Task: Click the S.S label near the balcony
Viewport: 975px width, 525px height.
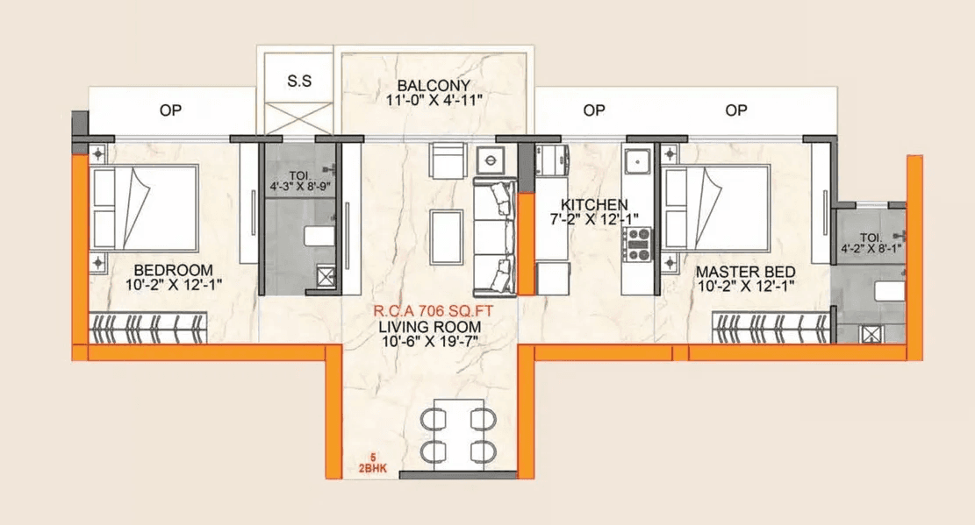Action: click(x=298, y=81)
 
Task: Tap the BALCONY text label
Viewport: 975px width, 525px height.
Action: click(x=434, y=86)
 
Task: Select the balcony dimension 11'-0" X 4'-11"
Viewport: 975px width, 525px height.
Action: click(x=434, y=101)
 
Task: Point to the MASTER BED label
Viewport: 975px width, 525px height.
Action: click(x=739, y=271)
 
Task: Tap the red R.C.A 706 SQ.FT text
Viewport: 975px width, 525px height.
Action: click(x=432, y=311)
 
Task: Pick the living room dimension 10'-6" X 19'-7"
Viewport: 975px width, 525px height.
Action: click(x=432, y=343)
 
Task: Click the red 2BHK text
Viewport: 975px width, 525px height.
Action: click(x=373, y=468)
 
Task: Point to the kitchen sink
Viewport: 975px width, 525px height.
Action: click(x=635, y=162)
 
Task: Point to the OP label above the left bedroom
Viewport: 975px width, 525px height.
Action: click(x=170, y=110)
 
